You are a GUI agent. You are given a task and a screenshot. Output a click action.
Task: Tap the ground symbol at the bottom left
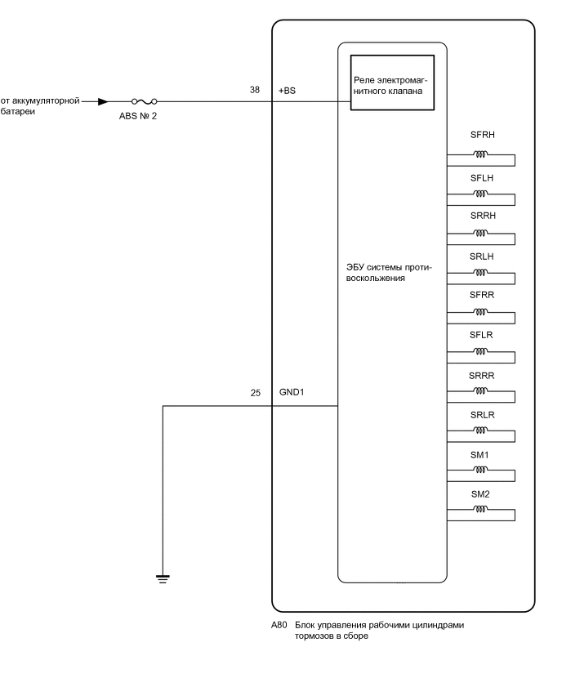click(163, 579)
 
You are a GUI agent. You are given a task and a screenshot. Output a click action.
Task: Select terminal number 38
click(255, 91)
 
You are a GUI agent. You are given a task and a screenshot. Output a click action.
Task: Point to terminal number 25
click(255, 393)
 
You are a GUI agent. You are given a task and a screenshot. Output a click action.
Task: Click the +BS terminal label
click(287, 91)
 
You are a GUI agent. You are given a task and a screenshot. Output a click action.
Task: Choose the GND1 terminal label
click(292, 393)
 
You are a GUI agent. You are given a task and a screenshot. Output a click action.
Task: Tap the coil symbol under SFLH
click(480, 194)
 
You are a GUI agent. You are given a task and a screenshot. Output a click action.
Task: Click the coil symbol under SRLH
click(480, 273)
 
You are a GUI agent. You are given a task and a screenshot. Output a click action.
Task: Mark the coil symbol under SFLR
click(480, 352)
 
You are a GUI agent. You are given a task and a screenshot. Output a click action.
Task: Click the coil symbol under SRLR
click(480, 431)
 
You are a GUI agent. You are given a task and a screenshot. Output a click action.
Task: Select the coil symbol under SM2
click(480, 511)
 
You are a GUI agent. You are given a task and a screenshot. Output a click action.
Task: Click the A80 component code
click(279, 625)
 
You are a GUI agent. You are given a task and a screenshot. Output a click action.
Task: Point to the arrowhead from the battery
click(102, 102)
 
